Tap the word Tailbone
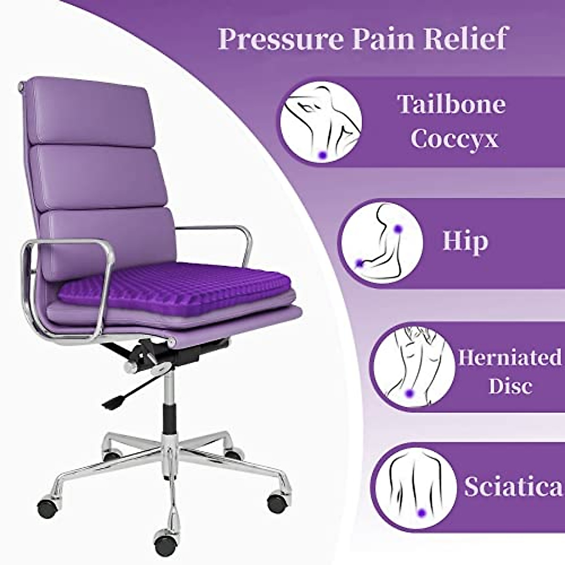click(451, 105)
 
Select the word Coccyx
click(454, 139)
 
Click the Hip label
click(465, 241)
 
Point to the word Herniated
click(510, 358)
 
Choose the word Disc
click(510, 386)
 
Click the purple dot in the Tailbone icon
click(322, 154)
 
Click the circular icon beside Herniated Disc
click(411, 369)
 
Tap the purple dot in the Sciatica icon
click(421, 512)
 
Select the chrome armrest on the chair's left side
click(71, 287)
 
